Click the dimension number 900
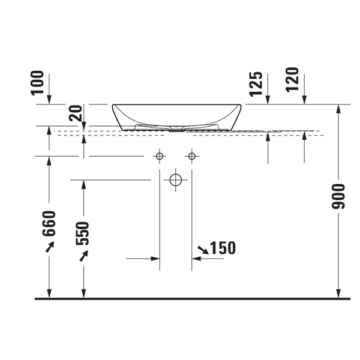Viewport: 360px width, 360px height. [x=338, y=196]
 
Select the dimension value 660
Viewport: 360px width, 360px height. [x=49, y=223]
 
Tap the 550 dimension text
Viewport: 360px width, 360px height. [x=82, y=233]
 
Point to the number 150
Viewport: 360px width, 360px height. [x=223, y=248]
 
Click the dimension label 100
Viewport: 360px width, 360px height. [x=37, y=83]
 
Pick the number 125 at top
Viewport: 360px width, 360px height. [x=256, y=84]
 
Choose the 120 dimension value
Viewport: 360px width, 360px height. [x=292, y=80]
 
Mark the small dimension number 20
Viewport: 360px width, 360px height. [x=76, y=113]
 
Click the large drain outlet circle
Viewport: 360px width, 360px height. [x=176, y=174]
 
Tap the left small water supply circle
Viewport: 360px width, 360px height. [x=160, y=153]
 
